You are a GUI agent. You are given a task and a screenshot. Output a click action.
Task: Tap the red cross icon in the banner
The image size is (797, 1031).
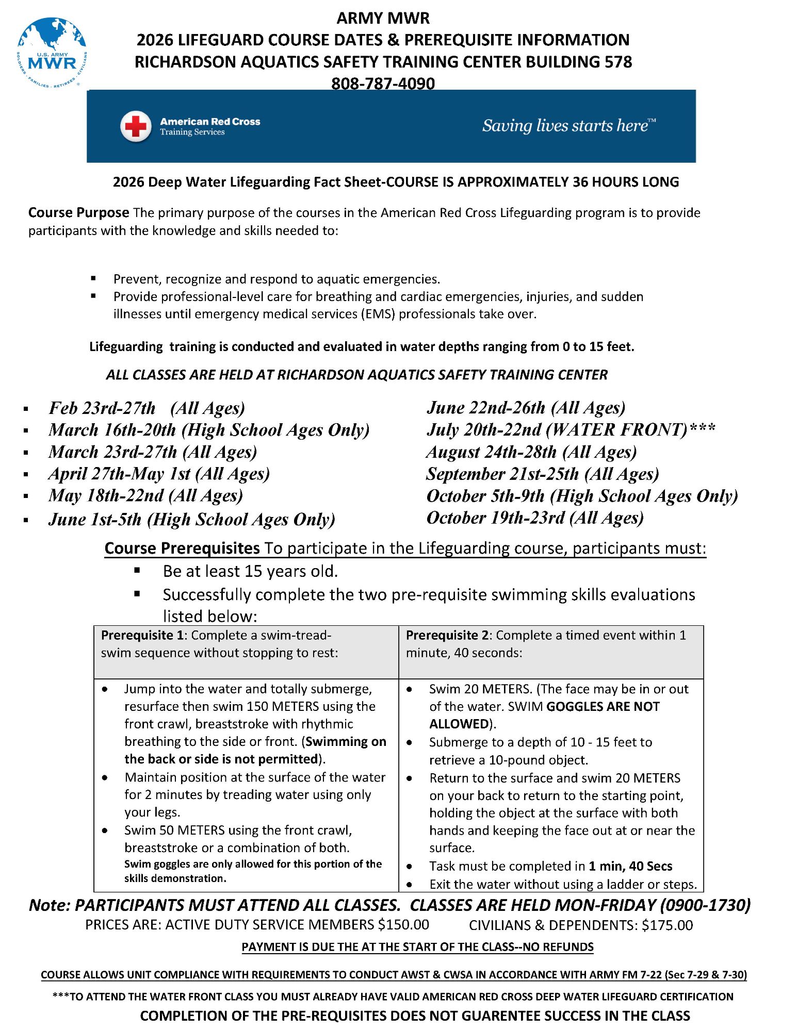[136, 126]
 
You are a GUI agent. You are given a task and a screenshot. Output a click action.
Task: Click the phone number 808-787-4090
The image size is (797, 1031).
[383, 83]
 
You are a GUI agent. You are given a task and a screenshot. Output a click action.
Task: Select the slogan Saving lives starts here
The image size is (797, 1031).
[568, 126]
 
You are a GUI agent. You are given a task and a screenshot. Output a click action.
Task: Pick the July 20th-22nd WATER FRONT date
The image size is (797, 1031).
[571, 430]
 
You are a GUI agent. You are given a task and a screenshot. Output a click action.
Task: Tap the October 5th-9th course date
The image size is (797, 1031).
[582, 496]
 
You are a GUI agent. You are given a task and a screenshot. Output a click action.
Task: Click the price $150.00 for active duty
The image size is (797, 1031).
[403, 925]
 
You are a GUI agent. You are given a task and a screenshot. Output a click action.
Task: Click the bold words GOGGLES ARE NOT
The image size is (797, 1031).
[603, 707]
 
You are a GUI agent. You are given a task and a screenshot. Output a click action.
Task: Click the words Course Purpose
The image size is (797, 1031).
[78, 212]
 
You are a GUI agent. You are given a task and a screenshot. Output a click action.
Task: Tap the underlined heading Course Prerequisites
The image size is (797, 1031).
[182, 548]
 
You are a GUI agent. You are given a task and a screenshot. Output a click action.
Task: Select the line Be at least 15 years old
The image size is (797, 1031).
[250, 571]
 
